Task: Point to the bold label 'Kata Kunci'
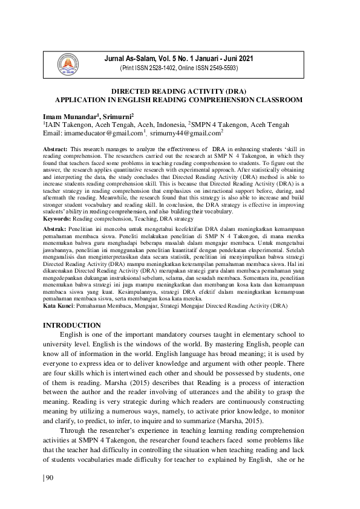(x=59, y=306)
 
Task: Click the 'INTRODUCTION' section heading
(x=71, y=325)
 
